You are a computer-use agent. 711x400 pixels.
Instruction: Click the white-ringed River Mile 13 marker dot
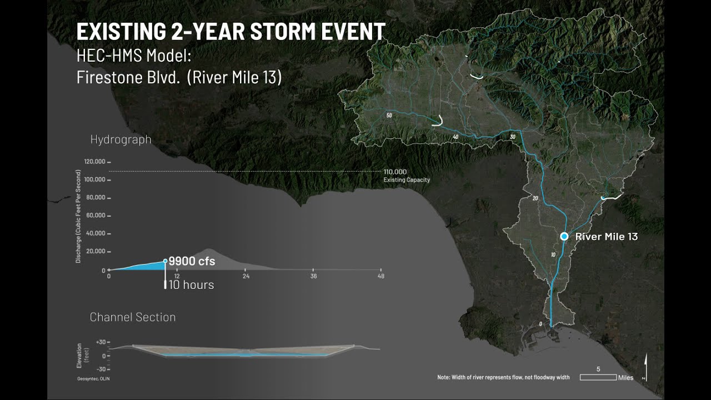tap(564, 236)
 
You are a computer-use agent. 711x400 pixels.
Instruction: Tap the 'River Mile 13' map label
tap(607, 237)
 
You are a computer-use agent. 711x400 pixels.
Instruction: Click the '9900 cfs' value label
tap(192, 261)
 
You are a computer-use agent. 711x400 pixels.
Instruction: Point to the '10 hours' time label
tap(191, 284)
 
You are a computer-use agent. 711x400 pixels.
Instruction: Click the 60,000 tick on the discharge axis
tap(96, 216)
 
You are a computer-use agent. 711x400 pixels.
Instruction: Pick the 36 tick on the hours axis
tap(313, 276)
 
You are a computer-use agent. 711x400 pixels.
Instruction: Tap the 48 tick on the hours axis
tap(381, 276)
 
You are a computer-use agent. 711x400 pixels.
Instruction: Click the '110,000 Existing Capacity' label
tap(406, 176)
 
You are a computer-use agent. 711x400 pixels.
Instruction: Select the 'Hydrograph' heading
tap(121, 139)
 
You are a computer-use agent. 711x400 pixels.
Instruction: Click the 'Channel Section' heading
tap(133, 317)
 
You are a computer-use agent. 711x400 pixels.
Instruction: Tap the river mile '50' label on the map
tap(389, 116)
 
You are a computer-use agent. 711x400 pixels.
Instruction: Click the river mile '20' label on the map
tap(535, 198)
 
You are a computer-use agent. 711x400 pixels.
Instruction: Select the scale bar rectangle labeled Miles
tap(598, 377)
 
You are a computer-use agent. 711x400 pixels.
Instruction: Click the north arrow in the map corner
tap(645, 369)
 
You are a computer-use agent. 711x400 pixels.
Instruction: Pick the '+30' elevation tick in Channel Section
tap(101, 342)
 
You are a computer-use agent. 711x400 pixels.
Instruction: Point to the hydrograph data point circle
tap(165, 261)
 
